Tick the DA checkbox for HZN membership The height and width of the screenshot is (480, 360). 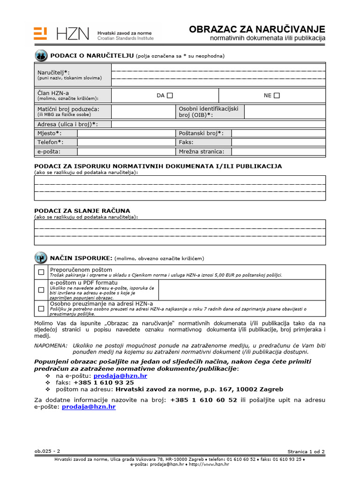click(170, 96)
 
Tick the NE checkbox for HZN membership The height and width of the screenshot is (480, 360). click(277, 96)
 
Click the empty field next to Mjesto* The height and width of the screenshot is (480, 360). click(126, 133)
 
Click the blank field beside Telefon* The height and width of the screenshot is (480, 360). click(126, 142)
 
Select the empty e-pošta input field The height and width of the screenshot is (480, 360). click(126, 151)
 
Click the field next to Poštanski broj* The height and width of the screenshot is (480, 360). click(278, 133)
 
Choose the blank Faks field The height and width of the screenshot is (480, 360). click(278, 142)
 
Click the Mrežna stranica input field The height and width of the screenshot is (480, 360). click(278, 151)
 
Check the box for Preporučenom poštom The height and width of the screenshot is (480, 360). click(41, 272)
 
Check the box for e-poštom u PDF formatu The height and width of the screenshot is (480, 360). click(41, 290)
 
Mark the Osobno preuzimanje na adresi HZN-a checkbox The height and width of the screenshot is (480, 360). click(41, 308)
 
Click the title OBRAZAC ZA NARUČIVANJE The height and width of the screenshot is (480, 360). click(256, 29)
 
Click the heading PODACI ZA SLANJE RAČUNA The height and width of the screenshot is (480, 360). click(82, 210)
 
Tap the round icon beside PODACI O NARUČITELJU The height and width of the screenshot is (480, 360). click(41, 56)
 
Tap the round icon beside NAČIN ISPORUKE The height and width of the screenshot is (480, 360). click(41, 258)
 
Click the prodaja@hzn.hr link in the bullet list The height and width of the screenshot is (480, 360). click(120, 376)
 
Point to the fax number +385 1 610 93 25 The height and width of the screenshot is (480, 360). click(100, 382)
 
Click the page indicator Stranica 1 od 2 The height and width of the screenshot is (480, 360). click(306, 452)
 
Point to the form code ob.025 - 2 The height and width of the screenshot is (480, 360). click(47, 451)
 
